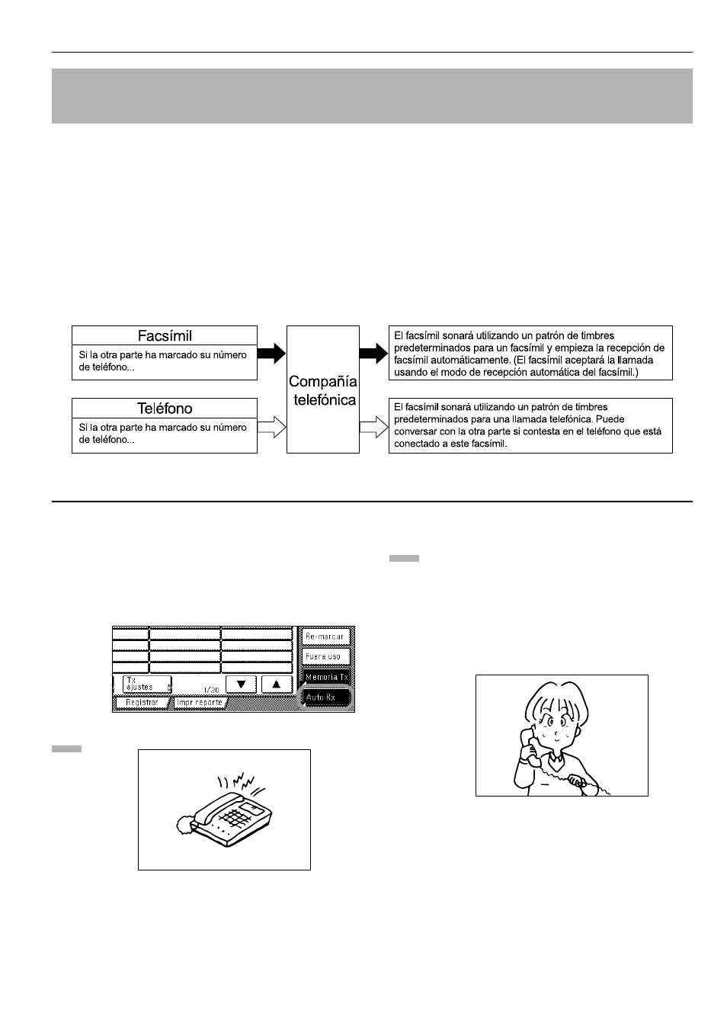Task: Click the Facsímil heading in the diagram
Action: coord(165,335)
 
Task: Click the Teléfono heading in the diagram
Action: coord(165,408)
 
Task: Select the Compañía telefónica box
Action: coord(322,389)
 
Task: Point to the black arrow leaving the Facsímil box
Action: coord(271,354)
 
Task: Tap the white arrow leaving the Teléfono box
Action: coord(271,428)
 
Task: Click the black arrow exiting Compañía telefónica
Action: coord(373,354)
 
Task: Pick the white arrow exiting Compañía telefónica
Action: coord(373,428)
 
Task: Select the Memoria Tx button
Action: coord(326,677)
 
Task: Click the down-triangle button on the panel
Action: coord(241,684)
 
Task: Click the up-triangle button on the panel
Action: coord(277,684)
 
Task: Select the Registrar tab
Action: coord(142,703)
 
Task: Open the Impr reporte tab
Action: coord(199,703)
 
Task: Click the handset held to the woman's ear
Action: coord(524,744)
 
